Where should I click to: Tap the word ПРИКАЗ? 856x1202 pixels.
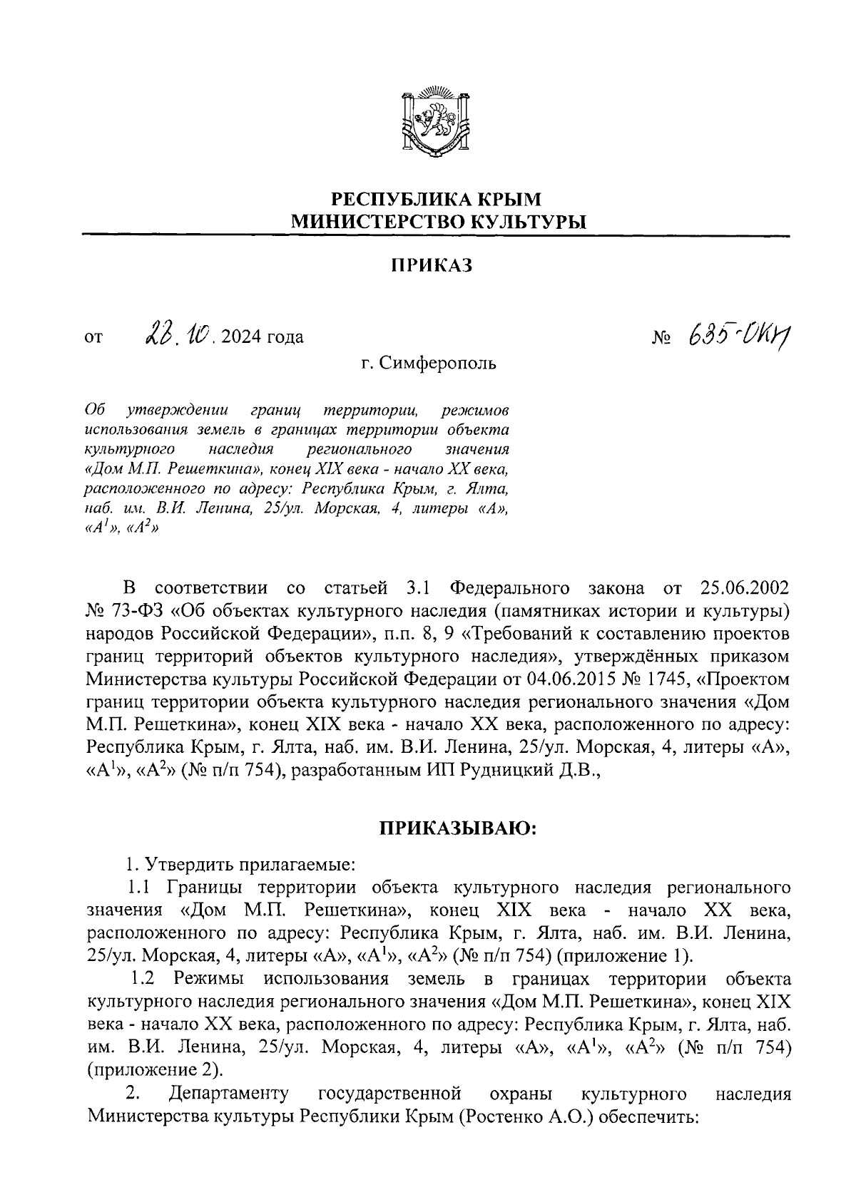pyautogui.click(x=432, y=266)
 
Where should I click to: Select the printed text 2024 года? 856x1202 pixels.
pyautogui.click(x=263, y=337)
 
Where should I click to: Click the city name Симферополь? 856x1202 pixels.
pyautogui.click(x=437, y=364)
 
